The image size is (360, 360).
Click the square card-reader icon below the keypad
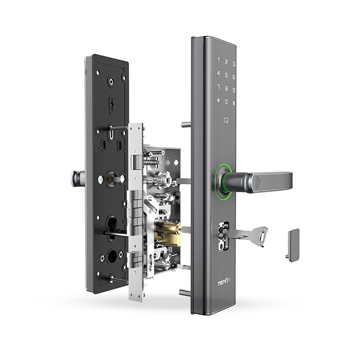[226, 119]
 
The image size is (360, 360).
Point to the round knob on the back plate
[77, 178]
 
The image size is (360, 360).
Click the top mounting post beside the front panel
[185, 124]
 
